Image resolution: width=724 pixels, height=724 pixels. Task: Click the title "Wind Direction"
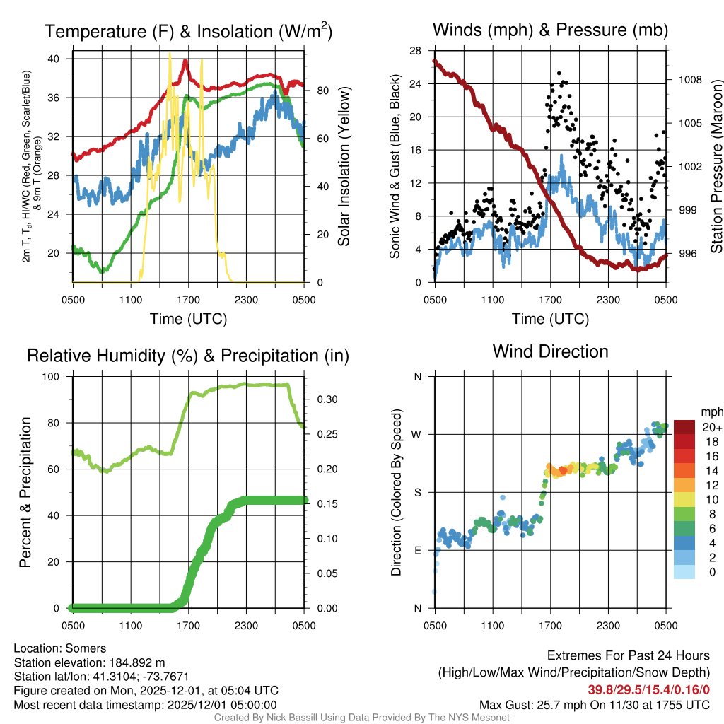point(550,351)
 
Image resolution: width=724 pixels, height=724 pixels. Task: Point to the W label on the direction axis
point(418,434)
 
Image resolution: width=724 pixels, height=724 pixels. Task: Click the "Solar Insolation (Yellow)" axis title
point(344,167)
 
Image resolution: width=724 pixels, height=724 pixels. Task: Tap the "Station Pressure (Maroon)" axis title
point(716,167)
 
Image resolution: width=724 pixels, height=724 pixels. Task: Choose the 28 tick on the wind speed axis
point(416,51)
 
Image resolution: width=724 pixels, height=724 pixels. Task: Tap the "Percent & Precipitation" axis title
point(25,492)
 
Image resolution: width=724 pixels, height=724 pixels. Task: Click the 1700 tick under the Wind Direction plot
point(550,626)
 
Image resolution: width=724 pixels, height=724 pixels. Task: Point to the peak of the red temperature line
point(185,61)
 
